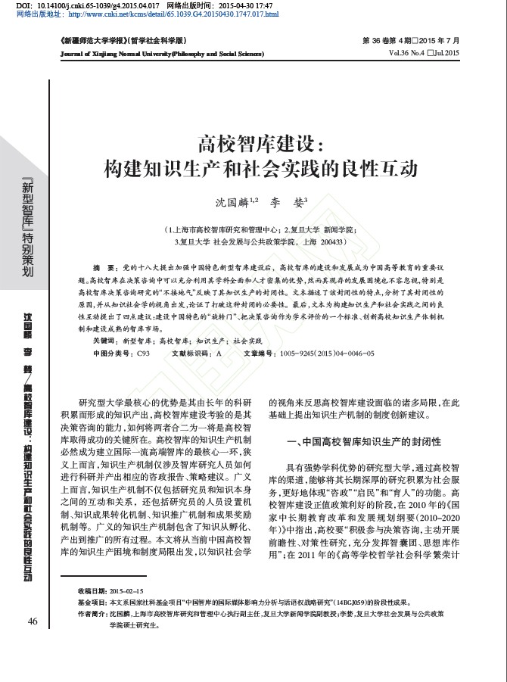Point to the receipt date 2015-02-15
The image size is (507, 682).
coord(126,590)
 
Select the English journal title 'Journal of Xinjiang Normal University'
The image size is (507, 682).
coord(129,54)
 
